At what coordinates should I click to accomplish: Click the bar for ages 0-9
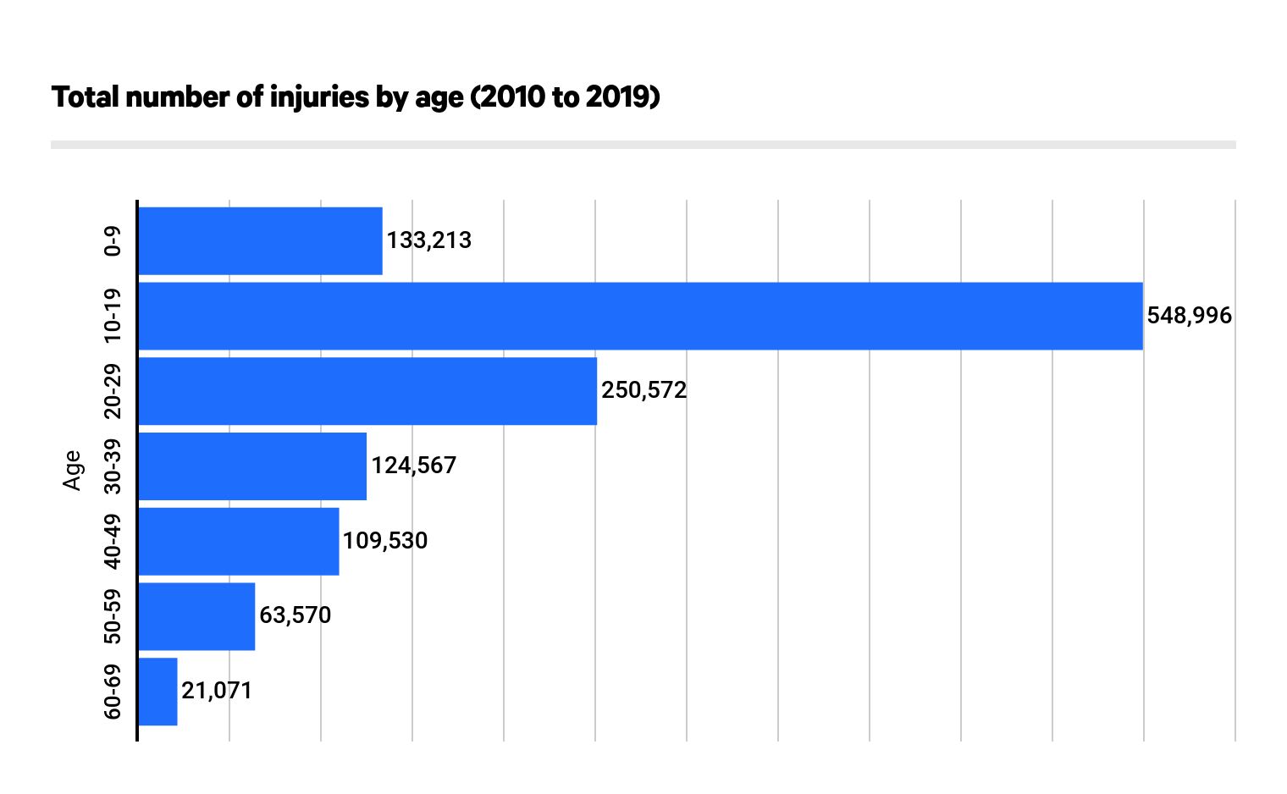click(x=260, y=241)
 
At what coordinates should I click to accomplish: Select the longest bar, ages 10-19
click(x=640, y=316)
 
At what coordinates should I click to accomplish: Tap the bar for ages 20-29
click(x=367, y=391)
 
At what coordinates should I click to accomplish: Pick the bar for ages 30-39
click(x=252, y=466)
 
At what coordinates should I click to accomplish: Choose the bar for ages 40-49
click(x=239, y=541)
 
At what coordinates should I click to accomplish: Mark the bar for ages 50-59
click(x=196, y=616)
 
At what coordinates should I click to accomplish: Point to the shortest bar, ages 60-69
click(x=157, y=692)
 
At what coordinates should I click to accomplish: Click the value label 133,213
click(x=429, y=240)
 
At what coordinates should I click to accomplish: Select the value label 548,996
click(x=1190, y=316)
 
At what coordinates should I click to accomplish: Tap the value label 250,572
click(x=644, y=390)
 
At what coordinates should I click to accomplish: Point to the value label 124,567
click(x=414, y=466)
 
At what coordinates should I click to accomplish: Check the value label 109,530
click(x=385, y=540)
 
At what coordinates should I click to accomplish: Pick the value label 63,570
click(x=296, y=615)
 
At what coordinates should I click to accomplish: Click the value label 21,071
click(x=217, y=691)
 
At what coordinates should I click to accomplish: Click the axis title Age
click(x=73, y=470)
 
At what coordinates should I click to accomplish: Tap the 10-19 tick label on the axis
click(x=112, y=316)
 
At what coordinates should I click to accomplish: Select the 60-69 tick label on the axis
click(x=112, y=692)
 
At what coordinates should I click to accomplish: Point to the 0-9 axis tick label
click(x=112, y=241)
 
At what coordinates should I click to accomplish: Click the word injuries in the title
click(x=320, y=97)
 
